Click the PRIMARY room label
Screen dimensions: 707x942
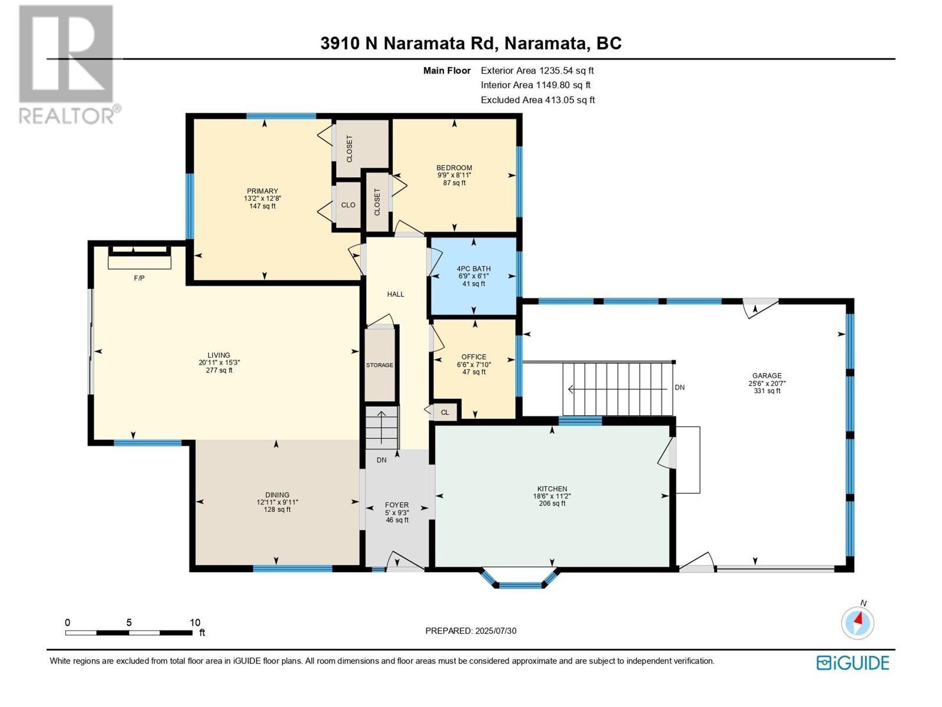262,191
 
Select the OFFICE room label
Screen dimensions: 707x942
474,357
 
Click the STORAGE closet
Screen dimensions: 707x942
380,365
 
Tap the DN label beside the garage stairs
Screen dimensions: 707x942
679,388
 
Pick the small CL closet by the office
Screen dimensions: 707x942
445,412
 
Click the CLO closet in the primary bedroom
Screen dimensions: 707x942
348,205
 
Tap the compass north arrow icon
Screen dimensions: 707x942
858,622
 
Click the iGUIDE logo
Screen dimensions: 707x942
853,663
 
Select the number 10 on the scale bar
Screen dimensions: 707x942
195,622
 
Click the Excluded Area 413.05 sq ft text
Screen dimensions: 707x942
538,100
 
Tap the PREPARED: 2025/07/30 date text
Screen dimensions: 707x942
470,630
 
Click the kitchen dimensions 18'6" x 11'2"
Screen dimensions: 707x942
552,496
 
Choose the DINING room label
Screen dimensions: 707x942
277,495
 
